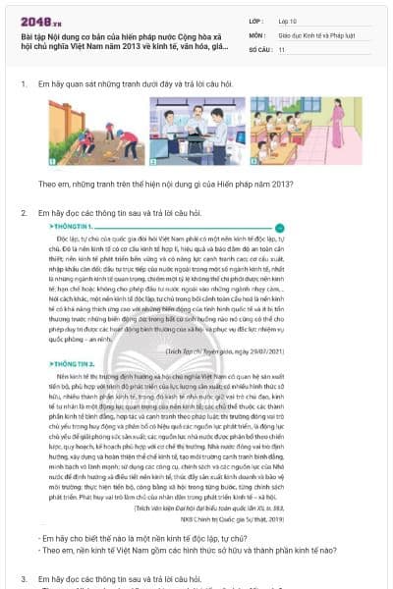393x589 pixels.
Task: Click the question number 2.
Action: (24, 213)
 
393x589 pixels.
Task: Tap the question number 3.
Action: (24, 580)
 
